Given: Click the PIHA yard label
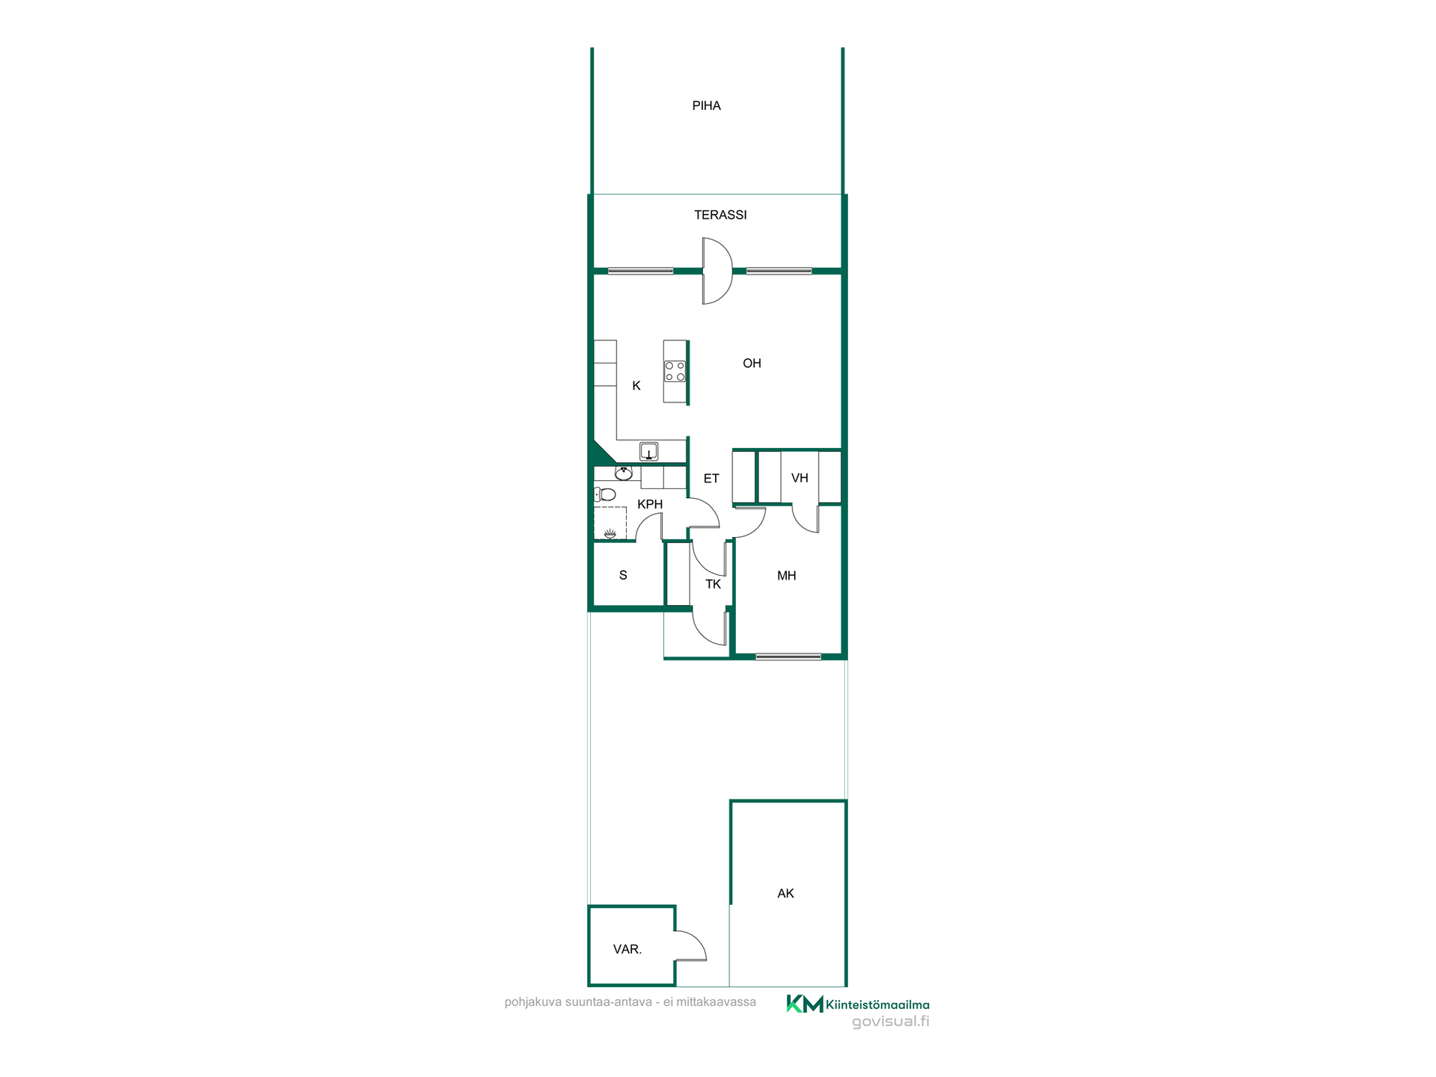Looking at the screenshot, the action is [706, 105].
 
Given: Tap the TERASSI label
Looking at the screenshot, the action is [720, 215].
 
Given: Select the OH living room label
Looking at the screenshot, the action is [752, 363].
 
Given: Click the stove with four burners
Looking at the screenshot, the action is [675, 371].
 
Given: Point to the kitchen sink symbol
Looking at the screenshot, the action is [648, 451].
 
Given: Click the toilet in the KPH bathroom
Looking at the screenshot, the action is [605, 494].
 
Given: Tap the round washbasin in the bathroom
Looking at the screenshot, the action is [624, 472].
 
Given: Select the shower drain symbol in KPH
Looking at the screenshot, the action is [610, 533].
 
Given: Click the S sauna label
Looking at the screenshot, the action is [623, 575].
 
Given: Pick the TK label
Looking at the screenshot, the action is [714, 584].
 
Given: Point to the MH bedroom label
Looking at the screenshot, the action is [786, 575].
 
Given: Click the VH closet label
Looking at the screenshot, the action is [800, 478].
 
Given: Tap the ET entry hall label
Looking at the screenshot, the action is [711, 478].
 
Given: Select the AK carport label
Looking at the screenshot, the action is [785, 893].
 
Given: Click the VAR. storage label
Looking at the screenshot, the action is [628, 949].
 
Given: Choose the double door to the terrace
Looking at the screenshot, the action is [717, 271].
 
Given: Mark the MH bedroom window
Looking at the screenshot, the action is [788, 657].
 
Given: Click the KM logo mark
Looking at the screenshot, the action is [805, 1004].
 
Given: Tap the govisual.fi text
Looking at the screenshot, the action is [890, 1022].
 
